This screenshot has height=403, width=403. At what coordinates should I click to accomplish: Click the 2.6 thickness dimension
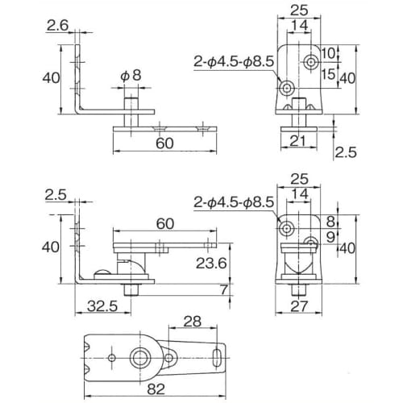56,27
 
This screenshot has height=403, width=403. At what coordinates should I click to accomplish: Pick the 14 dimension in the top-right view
300,25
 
